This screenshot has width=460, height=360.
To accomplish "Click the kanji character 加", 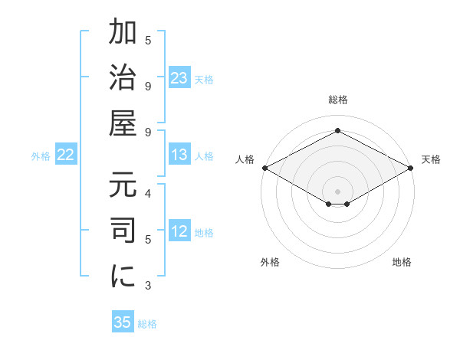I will pyautogui.click(x=123, y=34).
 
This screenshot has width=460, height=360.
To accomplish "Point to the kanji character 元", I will pyautogui.click(x=123, y=188).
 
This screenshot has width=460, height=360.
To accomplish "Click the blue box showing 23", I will pyautogui.click(x=179, y=78).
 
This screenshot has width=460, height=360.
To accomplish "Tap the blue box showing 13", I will pyautogui.click(x=179, y=155).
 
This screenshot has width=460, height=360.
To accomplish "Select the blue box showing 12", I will pyautogui.click(x=179, y=232).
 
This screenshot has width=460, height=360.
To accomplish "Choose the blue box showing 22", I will pyautogui.click(x=66, y=155).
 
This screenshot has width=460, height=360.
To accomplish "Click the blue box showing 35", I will pyautogui.click(x=123, y=322).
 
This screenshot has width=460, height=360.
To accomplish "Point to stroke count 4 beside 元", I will pyautogui.click(x=148, y=193).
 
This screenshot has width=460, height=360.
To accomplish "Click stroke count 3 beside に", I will pyautogui.click(x=148, y=286).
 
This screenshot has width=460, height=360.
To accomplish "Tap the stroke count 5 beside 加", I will pyautogui.click(x=148, y=40).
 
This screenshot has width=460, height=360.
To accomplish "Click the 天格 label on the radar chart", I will pyautogui.click(x=431, y=159).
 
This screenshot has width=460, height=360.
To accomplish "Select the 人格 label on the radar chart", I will pyautogui.click(x=245, y=159).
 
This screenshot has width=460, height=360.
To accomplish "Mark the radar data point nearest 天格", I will pyautogui.click(x=412, y=168).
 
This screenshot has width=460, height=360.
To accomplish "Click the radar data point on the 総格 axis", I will pyautogui.click(x=337, y=131).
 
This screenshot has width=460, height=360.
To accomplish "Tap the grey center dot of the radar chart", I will pyautogui.click(x=337, y=191).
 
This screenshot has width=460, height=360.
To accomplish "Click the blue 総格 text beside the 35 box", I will pyautogui.click(x=147, y=324).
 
